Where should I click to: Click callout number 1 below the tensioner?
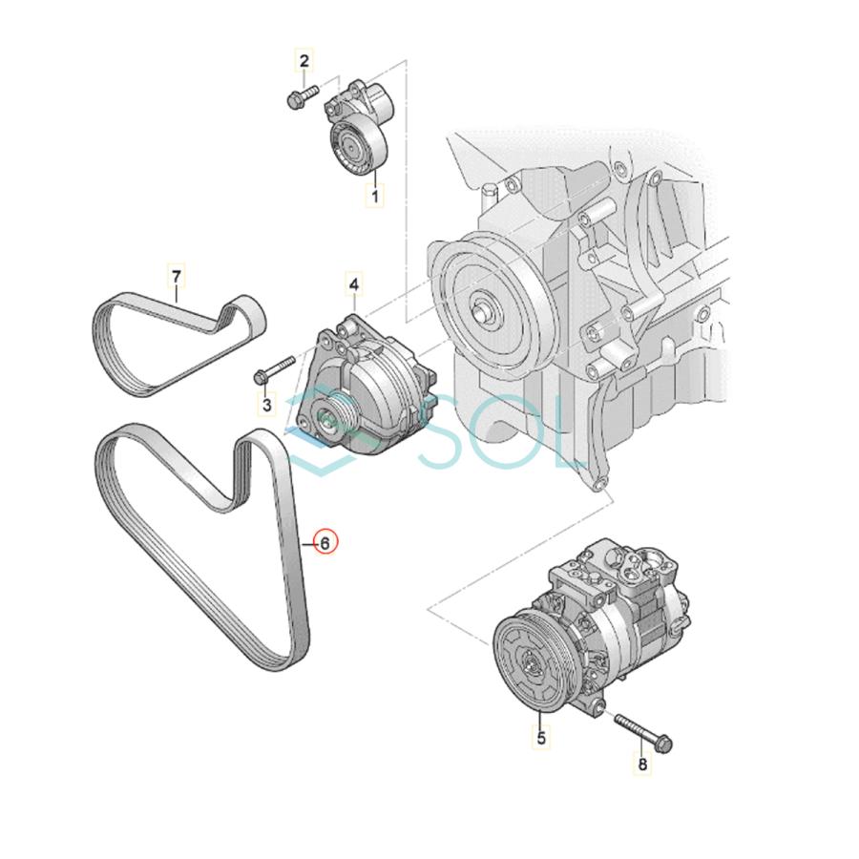[x=375, y=197]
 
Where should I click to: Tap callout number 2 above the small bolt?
[x=304, y=62]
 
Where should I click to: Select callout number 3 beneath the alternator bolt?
[x=266, y=405]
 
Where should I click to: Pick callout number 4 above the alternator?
[x=354, y=284]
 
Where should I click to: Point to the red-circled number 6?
[x=325, y=543]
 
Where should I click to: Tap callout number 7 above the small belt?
[x=177, y=277]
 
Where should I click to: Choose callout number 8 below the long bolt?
[x=641, y=764]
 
